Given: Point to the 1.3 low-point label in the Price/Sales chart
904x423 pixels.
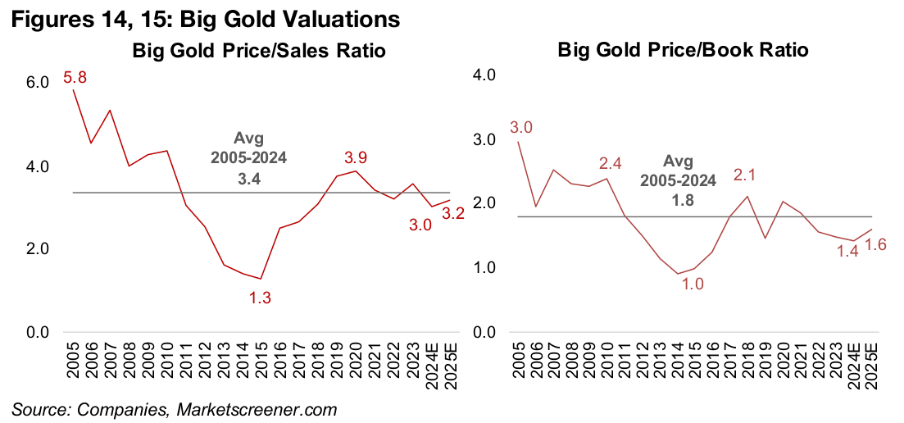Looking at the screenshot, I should pyautogui.click(x=260, y=298).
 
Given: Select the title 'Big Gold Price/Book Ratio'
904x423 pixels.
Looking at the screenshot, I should pyautogui.click(x=683, y=50).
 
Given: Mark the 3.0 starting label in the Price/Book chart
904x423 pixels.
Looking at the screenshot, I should pyautogui.click(x=521, y=127).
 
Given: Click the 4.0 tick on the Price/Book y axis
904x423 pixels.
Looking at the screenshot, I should pyautogui.click(x=485, y=75).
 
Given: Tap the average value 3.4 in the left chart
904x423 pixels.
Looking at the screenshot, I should pyautogui.click(x=260, y=177).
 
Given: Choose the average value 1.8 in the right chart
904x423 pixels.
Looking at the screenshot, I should pyautogui.click(x=689, y=197).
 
